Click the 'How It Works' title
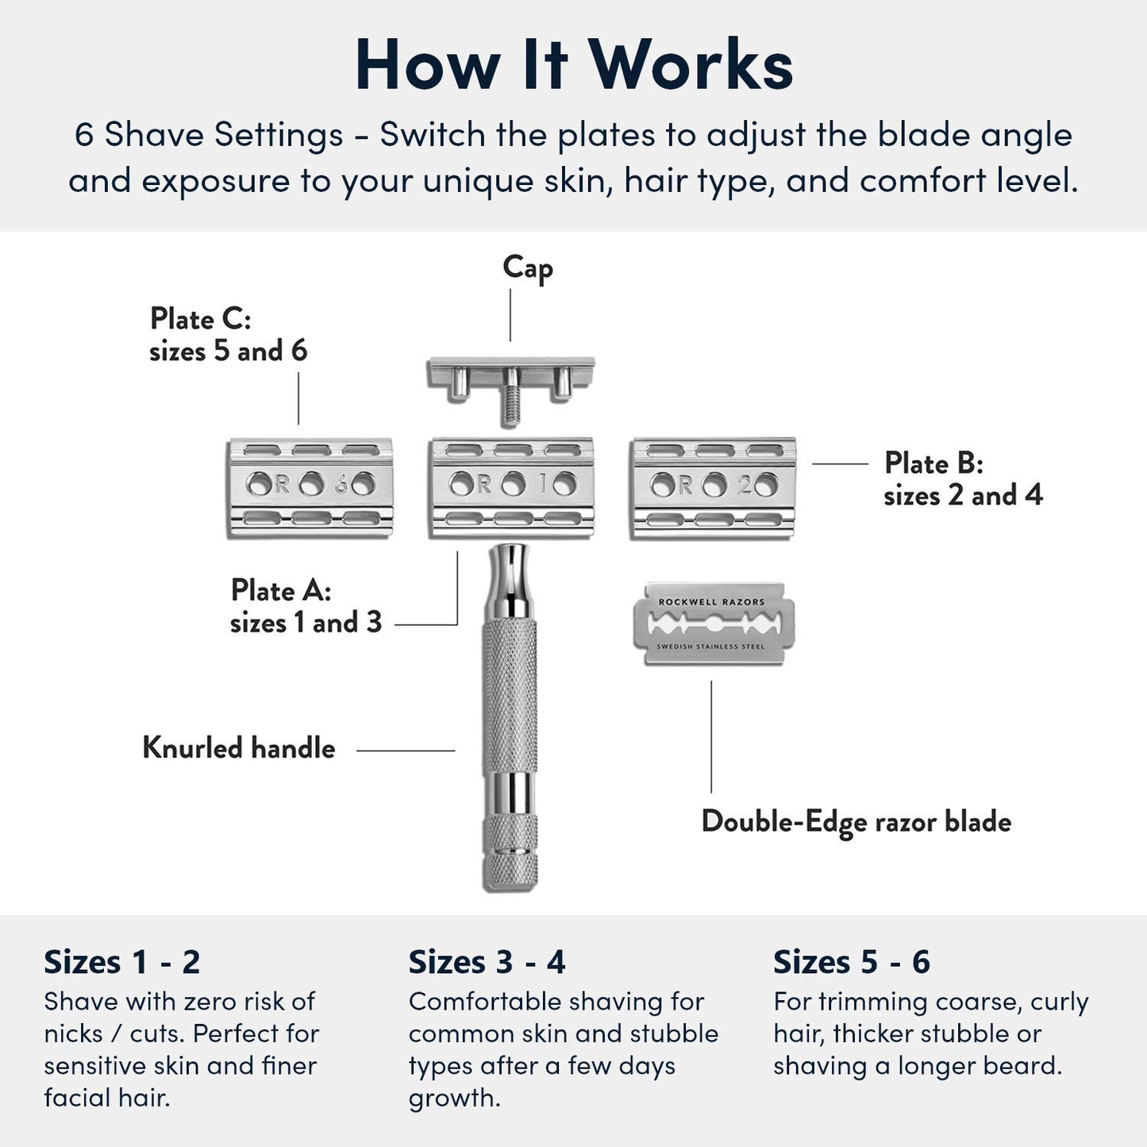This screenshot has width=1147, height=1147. click(574, 65)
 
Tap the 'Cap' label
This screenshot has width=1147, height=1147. click(527, 268)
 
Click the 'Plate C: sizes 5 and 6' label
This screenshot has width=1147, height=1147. click(228, 334)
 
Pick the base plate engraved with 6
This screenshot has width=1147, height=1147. click(310, 487)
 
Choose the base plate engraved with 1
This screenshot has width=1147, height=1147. click(512, 487)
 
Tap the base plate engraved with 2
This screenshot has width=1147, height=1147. click(713, 487)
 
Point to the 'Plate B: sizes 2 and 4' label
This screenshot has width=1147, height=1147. click(962, 479)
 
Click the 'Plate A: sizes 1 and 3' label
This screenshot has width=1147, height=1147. click(306, 606)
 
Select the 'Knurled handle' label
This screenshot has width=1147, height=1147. click(239, 748)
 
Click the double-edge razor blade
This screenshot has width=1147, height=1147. click(713, 625)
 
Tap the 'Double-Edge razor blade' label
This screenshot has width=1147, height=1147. click(856, 822)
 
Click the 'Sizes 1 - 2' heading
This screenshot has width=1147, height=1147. click(121, 962)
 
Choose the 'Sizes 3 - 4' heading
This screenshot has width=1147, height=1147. click(487, 962)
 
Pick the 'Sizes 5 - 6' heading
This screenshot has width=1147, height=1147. click(851, 962)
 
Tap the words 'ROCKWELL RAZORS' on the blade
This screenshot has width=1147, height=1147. click(711, 602)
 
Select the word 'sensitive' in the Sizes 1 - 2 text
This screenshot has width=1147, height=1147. click(89, 1065)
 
